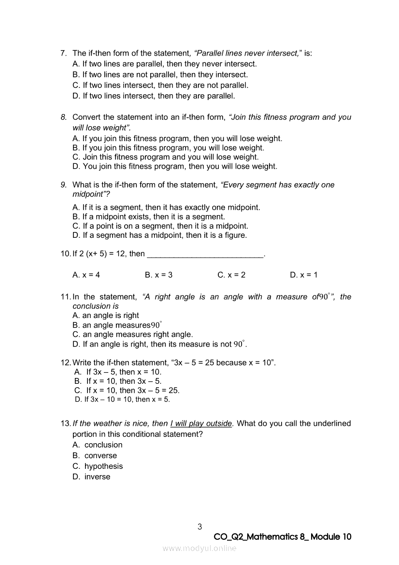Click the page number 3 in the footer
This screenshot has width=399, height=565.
[x=199, y=526]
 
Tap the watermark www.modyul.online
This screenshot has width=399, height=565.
[x=199, y=548]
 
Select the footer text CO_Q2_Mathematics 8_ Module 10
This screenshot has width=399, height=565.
[x=282, y=537]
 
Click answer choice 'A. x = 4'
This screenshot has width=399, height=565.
[x=86, y=275]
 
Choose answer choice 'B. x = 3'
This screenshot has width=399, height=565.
[x=158, y=275]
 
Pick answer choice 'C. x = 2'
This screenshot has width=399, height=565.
[x=231, y=275]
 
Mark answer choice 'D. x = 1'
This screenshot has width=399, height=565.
[x=303, y=275]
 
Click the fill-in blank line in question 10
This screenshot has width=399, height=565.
[x=205, y=254]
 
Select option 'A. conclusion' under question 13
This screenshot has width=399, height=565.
[x=97, y=445]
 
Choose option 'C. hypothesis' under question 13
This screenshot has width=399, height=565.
[x=98, y=466]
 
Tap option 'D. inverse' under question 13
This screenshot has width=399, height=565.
[x=91, y=477]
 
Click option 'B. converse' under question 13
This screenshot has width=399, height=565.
[x=95, y=456]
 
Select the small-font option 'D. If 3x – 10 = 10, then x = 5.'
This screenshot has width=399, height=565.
[x=123, y=400]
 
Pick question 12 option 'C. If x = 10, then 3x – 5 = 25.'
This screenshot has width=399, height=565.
[x=127, y=391]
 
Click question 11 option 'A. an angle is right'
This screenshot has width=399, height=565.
[x=105, y=316]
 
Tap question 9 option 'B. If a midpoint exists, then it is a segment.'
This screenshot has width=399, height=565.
[x=148, y=217]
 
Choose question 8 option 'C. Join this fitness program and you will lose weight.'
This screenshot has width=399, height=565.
[x=165, y=157]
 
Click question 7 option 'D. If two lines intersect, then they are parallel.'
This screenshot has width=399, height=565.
[x=154, y=96]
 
